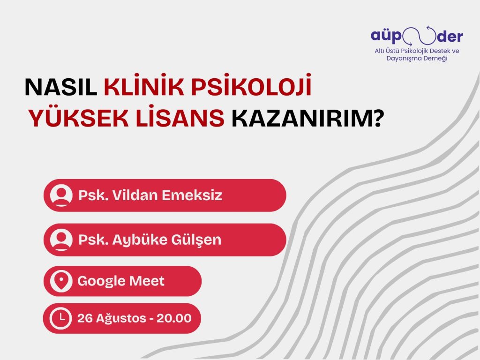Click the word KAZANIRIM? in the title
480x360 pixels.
pos(305,119)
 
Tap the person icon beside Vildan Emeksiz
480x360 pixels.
pos(61,195)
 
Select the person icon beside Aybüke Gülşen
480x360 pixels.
pos(61,240)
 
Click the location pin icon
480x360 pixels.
pos(61,281)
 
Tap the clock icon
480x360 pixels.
pos(61,318)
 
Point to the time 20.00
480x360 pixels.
pos(174,318)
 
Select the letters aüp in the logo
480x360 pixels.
pos(387,36)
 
